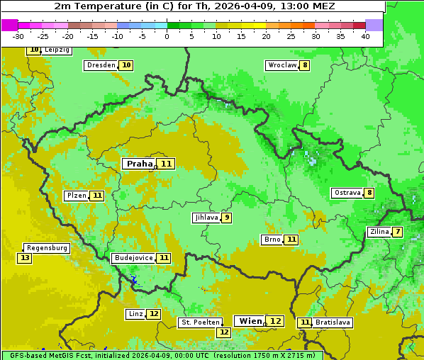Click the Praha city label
click(139, 164)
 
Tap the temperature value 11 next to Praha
click(166, 164)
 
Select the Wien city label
click(250, 321)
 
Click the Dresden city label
click(101, 65)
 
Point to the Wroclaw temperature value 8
click(305, 65)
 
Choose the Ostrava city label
click(347, 193)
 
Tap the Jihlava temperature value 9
click(226, 218)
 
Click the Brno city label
click(272, 240)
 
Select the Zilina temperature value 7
click(398, 232)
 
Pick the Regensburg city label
click(47, 248)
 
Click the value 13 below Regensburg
click(25, 258)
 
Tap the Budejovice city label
click(133, 258)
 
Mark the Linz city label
click(135, 314)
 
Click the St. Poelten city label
click(201, 322)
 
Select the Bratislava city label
click(333, 322)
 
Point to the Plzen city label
click(76, 196)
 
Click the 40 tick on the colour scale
click(365, 36)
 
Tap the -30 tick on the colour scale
click(18, 36)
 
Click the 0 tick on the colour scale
click(167, 36)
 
